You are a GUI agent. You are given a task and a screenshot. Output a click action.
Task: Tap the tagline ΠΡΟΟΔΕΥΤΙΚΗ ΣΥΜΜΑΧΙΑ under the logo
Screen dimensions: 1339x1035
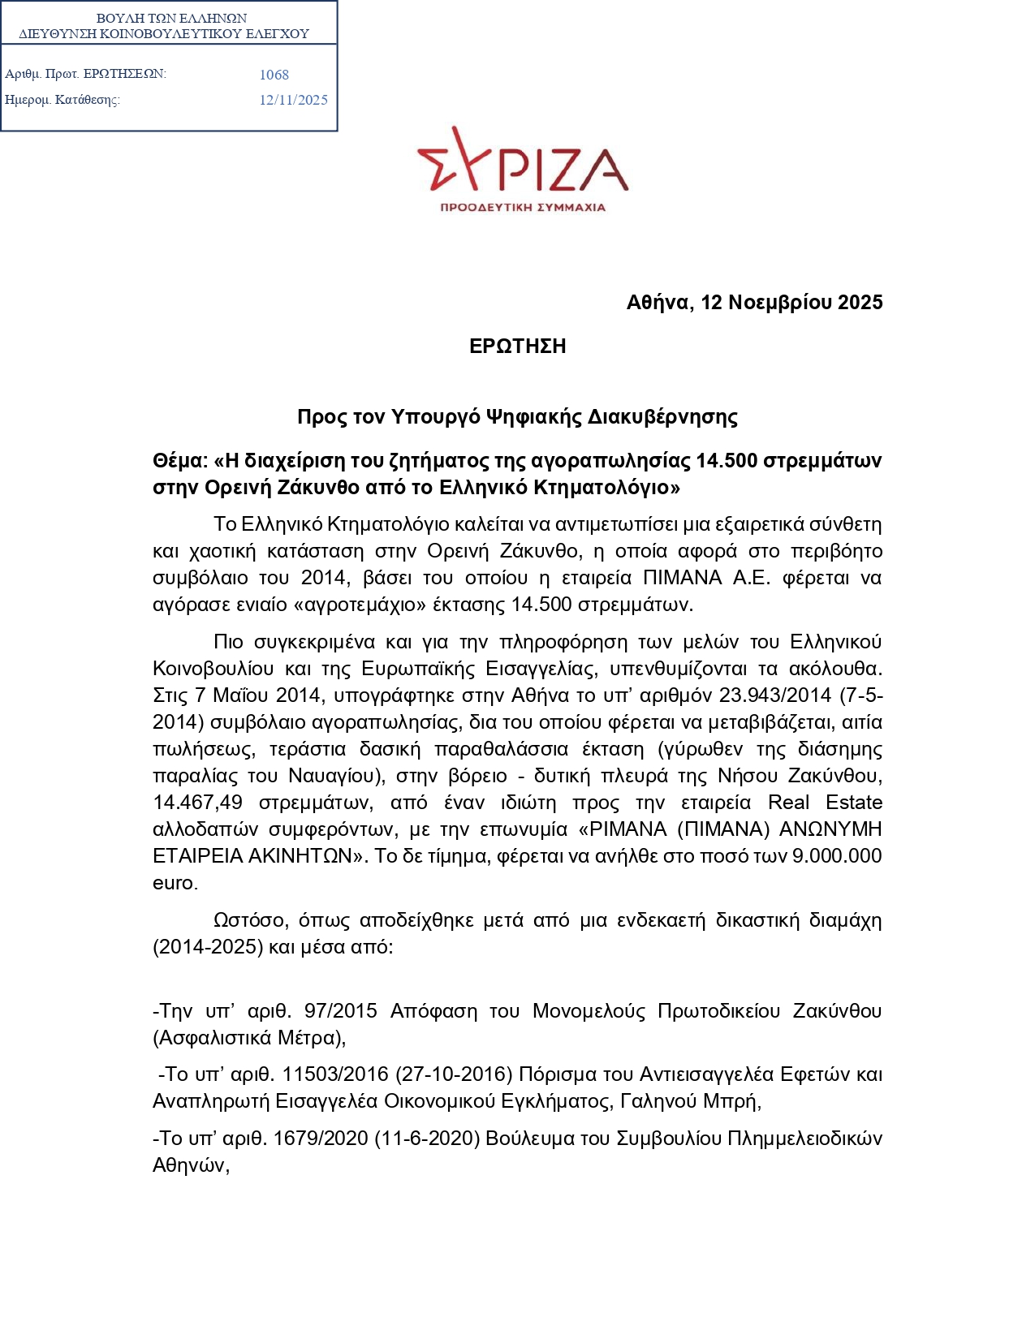tap(522, 208)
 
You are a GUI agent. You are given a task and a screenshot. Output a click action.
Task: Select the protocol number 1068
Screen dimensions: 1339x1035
tap(274, 75)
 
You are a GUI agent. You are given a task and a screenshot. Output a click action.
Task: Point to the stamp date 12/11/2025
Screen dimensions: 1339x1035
tap(293, 100)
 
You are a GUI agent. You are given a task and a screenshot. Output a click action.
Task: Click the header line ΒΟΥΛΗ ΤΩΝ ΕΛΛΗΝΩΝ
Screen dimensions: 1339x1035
tap(171, 18)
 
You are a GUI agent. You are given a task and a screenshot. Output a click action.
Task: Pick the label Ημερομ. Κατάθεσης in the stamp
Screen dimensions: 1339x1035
tap(63, 101)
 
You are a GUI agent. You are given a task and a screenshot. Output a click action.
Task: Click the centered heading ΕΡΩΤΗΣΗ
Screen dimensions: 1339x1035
tap(517, 347)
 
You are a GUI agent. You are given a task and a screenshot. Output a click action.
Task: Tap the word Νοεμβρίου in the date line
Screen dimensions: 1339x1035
tap(780, 303)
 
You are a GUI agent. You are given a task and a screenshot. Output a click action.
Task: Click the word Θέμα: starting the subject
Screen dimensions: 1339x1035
tap(180, 461)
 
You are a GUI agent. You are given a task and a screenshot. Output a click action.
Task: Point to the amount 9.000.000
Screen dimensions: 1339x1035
tap(836, 856)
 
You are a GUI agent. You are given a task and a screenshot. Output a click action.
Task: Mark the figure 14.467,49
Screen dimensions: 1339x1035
tap(197, 803)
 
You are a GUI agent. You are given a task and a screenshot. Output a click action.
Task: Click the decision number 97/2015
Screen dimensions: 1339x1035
tap(340, 1011)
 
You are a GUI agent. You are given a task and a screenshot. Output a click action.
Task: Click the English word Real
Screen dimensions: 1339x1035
tap(789, 803)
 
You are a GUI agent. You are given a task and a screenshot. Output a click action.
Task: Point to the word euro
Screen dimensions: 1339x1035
tap(174, 883)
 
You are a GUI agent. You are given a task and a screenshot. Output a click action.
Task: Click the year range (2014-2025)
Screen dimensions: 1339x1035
tap(208, 947)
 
